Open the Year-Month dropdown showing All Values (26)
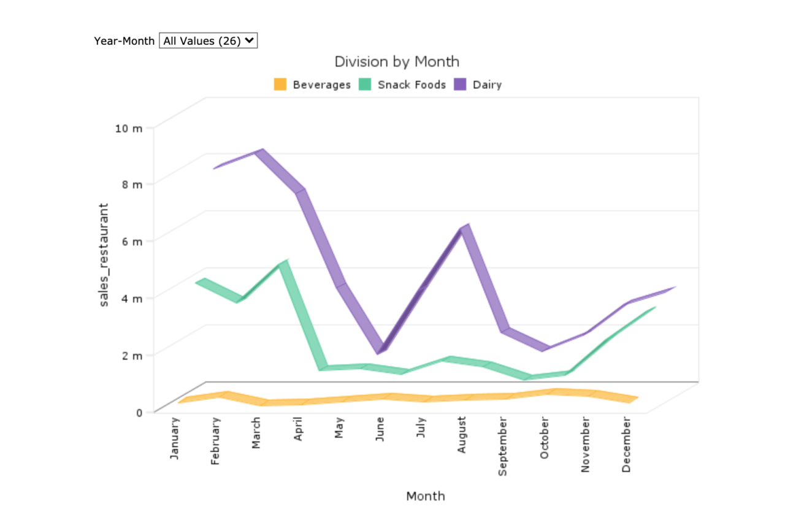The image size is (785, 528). point(208,40)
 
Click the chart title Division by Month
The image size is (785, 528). point(396,61)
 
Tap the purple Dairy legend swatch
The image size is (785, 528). point(460,85)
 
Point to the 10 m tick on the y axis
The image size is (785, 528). point(129,128)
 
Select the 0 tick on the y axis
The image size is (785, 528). point(139,412)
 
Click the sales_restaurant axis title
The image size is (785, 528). point(104,255)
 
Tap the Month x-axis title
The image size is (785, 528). point(426,496)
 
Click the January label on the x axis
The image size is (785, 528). point(175,439)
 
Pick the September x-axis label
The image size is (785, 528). point(503,446)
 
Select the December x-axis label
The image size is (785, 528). point(626,445)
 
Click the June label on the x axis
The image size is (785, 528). point(380,432)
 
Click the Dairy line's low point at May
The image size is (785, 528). point(382,348)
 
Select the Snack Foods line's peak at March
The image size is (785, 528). point(282,263)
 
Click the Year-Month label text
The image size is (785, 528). point(124,40)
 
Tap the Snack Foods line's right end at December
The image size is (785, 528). point(654,308)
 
